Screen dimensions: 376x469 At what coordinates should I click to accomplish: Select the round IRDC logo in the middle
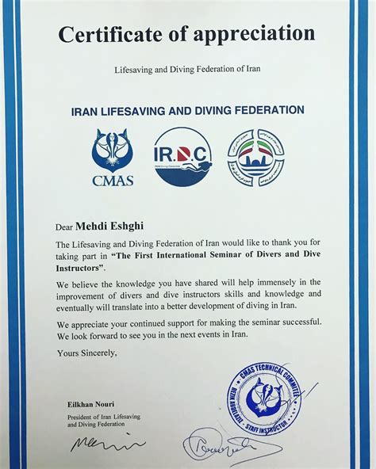(182, 156)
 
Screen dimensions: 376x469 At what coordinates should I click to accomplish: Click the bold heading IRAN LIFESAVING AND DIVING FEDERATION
(186, 109)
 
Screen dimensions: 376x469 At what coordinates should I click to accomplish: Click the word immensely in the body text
(259, 283)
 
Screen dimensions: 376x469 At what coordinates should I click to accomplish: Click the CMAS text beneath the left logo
(113, 181)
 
